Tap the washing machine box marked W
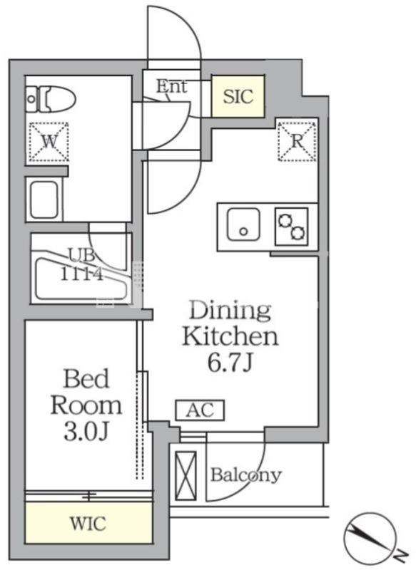click(49, 141)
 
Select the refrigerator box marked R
click(297, 141)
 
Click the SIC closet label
click(238, 96)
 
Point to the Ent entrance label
click(171, 86)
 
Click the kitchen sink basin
click(243, 224)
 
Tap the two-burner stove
click(291, 226)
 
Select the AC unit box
click(200, 410)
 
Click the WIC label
click(88, 523)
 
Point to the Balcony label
click(246, 475)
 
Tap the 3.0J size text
click(86, 432)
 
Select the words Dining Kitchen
click(230, 324)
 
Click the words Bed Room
click(86, 392)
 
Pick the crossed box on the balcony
click(186, 476)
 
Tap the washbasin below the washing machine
click(44, 199)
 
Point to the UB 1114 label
click(81, 264)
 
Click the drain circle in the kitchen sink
click(243, 231)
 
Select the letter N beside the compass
click(401, 555)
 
